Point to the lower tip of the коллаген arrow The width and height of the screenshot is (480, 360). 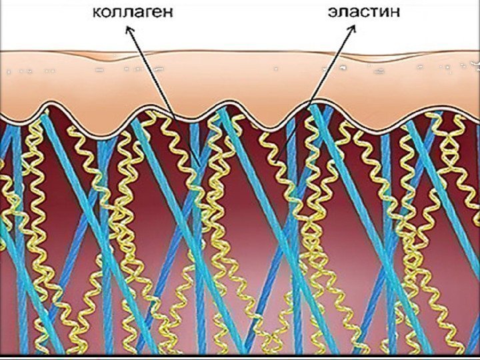tap(176, 119)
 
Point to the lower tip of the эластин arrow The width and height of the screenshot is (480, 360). tap(311, 107)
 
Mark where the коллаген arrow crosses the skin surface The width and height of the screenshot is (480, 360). tap(139, 51)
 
